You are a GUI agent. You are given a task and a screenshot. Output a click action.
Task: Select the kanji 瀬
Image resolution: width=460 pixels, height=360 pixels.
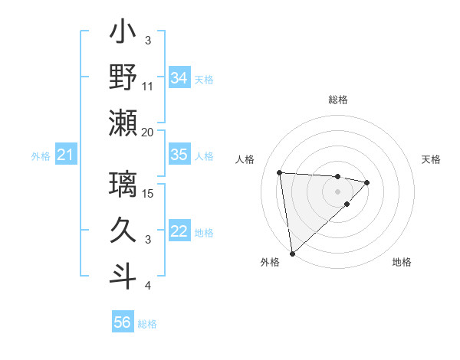[x=123, y=123]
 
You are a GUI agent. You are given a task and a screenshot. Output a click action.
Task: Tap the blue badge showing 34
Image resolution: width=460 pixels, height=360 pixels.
[x=179, y=77]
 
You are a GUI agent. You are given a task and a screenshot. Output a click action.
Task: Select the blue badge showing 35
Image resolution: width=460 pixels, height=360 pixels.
[x=179, y=155]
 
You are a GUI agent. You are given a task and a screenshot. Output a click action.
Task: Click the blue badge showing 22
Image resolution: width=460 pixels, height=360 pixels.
[x=179, y=232]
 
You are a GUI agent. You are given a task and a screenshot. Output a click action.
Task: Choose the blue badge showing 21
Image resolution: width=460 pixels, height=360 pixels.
[x=65, y=155]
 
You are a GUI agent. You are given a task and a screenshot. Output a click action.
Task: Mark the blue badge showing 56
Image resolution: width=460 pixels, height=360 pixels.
[x=123, y=322]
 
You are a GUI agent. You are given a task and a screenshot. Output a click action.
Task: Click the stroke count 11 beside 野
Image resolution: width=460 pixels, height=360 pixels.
[x=148, y=86]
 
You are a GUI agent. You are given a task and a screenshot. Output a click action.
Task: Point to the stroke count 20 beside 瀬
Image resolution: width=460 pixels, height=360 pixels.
[x=148, y=132]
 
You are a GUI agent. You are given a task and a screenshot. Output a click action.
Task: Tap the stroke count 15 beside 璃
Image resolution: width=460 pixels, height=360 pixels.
[x=149, y=193]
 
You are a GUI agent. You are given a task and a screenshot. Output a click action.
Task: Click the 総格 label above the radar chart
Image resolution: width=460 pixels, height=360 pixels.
[x=338, y=100]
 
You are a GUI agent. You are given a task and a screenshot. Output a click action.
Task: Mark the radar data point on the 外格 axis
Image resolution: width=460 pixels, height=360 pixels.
[x=292, y=254]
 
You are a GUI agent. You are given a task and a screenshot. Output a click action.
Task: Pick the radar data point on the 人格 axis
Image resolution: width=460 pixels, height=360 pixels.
[x=280, y=172]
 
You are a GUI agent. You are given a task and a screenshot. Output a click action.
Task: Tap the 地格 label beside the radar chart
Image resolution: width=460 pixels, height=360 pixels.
[x=402, y=263]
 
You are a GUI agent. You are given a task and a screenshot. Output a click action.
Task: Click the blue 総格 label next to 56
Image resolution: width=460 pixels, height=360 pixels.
[x=147, y=324]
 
